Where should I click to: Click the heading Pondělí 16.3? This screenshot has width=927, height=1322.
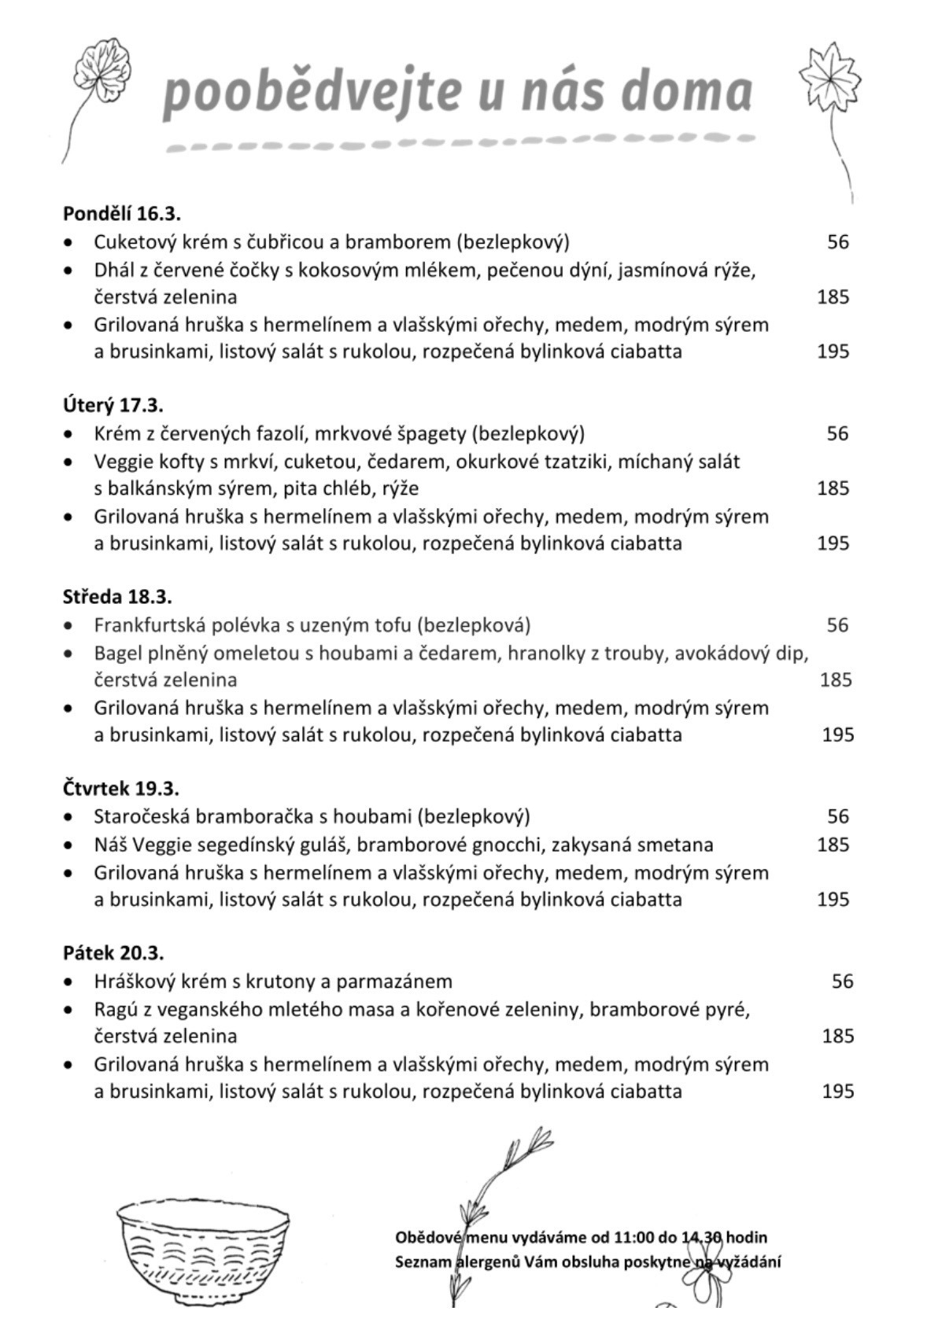click(x=122, y=213)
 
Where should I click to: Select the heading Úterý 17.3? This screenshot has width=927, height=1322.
click(x=113, y=405)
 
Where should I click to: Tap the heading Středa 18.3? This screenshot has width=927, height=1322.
click(x=117, y=596)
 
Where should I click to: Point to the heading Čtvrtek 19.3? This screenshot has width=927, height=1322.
click(x=121, y=788)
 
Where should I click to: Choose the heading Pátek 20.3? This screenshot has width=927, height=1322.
click(x=113, y=952)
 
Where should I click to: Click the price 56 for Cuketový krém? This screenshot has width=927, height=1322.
click(x=838, y=241)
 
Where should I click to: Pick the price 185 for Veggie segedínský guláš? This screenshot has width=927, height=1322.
click(x=833, y=845)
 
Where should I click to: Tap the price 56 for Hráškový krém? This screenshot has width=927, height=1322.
click(x=842, y=981)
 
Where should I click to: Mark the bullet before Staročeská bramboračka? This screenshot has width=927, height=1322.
click(x=71, y=817)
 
